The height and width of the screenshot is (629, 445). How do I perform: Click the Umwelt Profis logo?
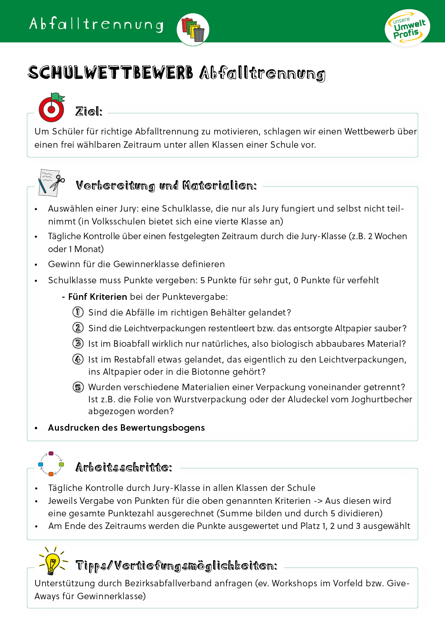pos(407,28)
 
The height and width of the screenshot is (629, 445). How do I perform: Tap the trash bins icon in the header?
pos(193,29)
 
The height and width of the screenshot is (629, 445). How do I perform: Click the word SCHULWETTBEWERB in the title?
pos(111,73)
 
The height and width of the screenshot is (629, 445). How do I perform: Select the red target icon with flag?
pos(52,108)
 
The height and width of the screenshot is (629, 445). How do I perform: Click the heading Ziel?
pos(89,112)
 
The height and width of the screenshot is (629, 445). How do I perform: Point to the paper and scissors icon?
pos(51,183)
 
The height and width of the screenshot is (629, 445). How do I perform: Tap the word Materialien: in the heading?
pos(219,186)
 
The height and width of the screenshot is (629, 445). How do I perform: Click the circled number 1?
pos(78,312)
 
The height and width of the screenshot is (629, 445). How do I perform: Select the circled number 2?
pos(78,328)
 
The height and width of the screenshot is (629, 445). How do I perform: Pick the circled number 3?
pos(78,344)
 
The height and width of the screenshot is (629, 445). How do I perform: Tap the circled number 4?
pos(78,359)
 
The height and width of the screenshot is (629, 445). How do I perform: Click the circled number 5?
pos(78,387)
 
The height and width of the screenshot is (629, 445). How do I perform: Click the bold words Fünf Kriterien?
pos(98,297)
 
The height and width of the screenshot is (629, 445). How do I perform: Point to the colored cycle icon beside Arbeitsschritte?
pos(51,464)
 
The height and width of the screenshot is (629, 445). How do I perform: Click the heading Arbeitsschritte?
pos(124,467)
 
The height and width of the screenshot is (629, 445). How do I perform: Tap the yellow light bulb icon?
pos(52,562)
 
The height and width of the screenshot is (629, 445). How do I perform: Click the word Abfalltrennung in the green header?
pos(96,24)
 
